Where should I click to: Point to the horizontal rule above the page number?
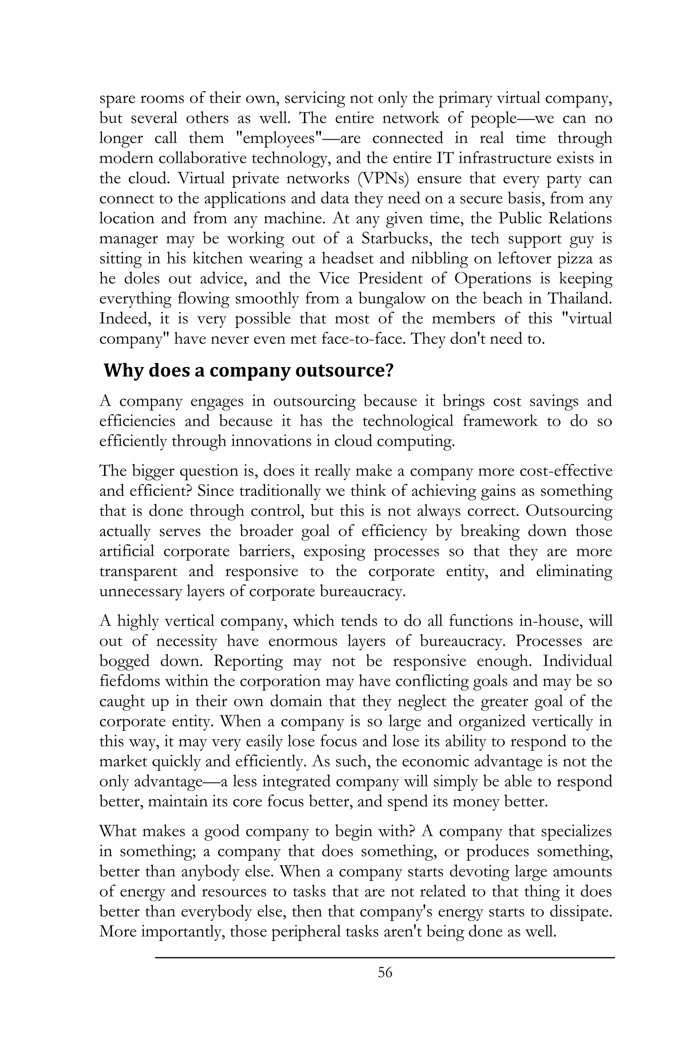pos(385,957)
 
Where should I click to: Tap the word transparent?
pos(138,571)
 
